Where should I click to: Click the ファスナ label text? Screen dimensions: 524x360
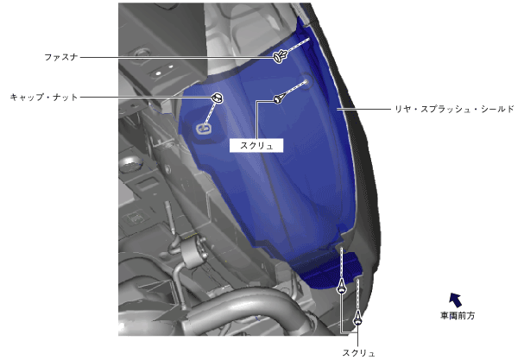[x=61, y=57]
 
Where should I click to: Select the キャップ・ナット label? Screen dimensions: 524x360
[x=44, y=98]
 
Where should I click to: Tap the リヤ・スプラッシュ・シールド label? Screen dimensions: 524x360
[x=454, y=109]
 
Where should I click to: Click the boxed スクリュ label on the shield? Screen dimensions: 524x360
[x=256, y=146]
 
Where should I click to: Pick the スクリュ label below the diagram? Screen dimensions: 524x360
[x=358, y=353]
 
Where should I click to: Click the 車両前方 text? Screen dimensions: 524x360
[x=458, y=316]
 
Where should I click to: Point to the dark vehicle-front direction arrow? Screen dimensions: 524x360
[x=456, y=300]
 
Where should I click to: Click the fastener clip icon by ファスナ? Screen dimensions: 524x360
[x=280, y=56]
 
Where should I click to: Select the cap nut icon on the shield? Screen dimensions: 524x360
[x=218, y=98]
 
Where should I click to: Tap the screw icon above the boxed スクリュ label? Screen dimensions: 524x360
[x=279, y=98]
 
